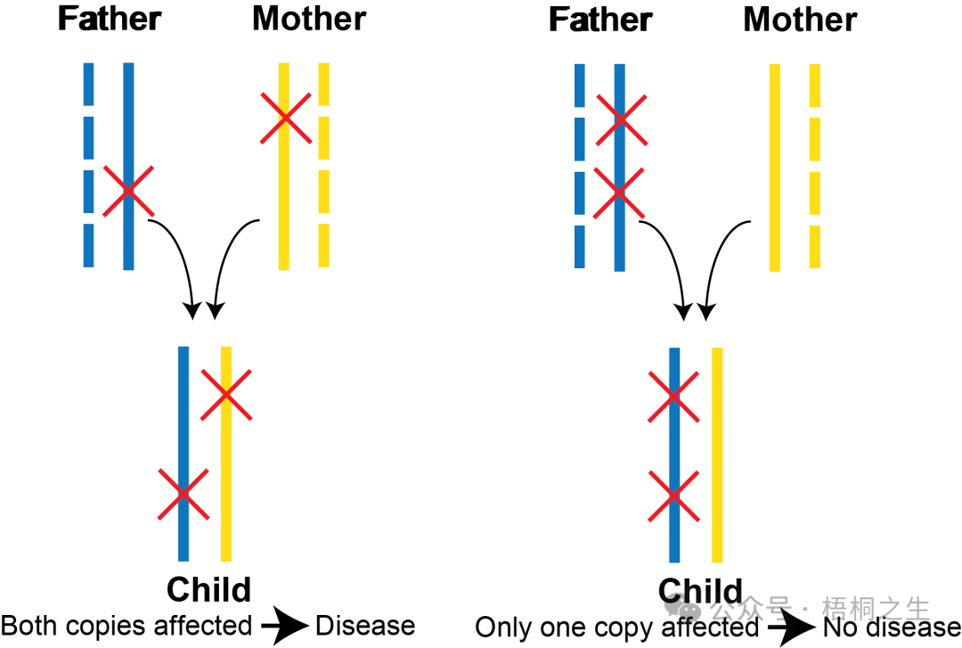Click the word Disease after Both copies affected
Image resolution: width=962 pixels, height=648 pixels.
point(365,626)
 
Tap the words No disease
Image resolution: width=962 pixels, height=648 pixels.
point(892,627)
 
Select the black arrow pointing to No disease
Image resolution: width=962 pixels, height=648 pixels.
point(791,627)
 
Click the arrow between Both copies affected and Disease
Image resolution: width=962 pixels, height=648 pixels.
point(285,626)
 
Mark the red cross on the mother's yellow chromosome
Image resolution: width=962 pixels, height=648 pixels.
point(286,118)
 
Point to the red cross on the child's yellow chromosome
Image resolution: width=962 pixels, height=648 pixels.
point(226,394)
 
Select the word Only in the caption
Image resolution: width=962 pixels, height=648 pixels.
point(500,627)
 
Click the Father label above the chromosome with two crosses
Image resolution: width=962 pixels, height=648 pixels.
point(600,20)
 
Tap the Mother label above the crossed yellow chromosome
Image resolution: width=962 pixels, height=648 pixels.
point(309,19)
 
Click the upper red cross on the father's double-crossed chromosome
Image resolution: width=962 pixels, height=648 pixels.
point(621,119)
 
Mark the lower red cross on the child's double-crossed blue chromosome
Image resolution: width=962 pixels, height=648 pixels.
point(673,496)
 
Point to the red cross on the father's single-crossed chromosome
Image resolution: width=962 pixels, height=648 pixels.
point(128,191)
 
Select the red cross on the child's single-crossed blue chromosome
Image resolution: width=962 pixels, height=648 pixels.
point(183,494)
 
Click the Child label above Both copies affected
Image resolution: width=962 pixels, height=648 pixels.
point(208,590)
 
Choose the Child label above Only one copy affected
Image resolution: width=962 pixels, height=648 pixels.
point(700,591)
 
